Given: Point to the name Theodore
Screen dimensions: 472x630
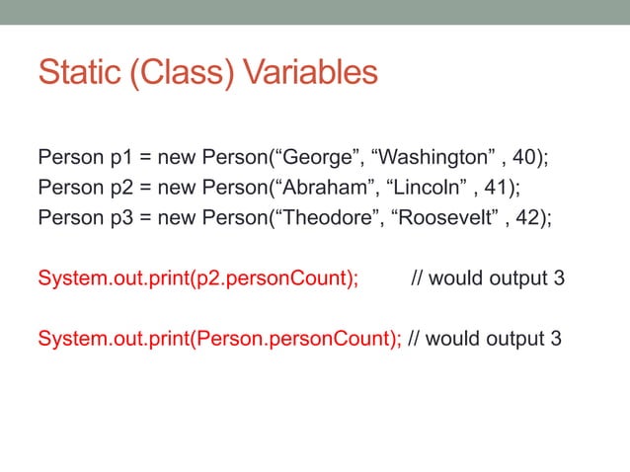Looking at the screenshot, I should [325, 215].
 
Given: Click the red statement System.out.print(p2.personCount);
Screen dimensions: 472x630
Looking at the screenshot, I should [197, 278].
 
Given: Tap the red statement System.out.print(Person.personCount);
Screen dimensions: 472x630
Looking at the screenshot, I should [218, 340].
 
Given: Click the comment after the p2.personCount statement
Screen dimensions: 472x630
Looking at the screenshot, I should [488, 278].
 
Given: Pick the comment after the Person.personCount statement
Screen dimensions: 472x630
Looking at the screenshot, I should [485, 340].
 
